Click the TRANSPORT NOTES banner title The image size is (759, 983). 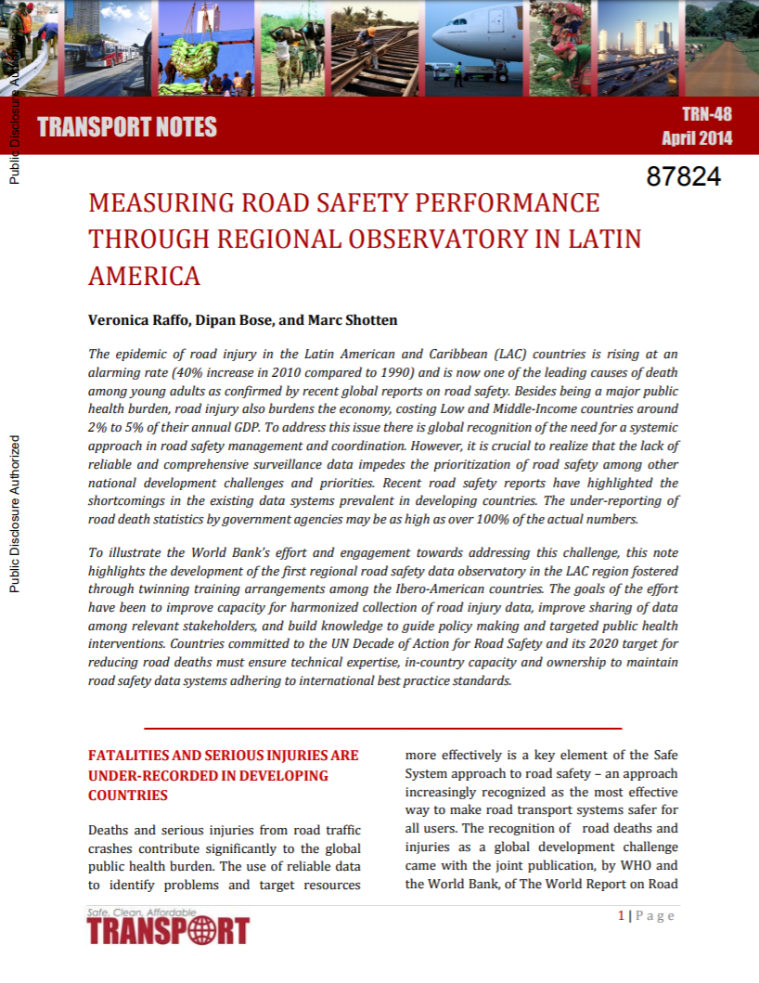pos(127,127)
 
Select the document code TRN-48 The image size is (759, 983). pos(706,114)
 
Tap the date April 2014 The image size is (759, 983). pos(696,138)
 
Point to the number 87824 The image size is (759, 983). pos(683,176)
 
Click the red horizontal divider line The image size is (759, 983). pos(382,729)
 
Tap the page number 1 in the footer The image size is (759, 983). pos(621,916)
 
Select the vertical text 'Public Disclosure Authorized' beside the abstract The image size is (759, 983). pos(14,513)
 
